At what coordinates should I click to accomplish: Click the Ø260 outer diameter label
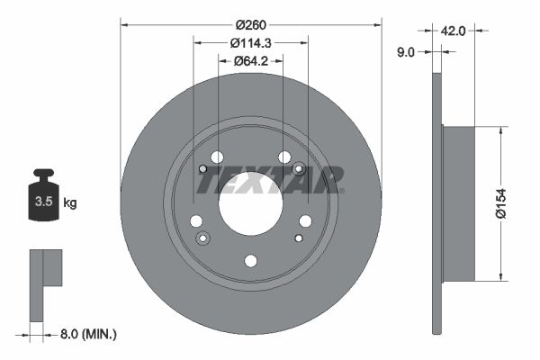tap(251, 24)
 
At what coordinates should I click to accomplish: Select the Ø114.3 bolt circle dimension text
tap(251, 43)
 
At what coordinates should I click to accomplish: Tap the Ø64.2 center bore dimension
tap(251, 61)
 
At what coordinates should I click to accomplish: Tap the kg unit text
tap(69, 202)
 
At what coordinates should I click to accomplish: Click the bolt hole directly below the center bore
tap(251, 261)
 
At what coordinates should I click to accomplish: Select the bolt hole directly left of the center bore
tap(195, 221)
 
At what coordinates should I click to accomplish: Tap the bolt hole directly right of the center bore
tap(306, 221)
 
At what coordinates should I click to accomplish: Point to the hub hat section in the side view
tap(458, 203)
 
